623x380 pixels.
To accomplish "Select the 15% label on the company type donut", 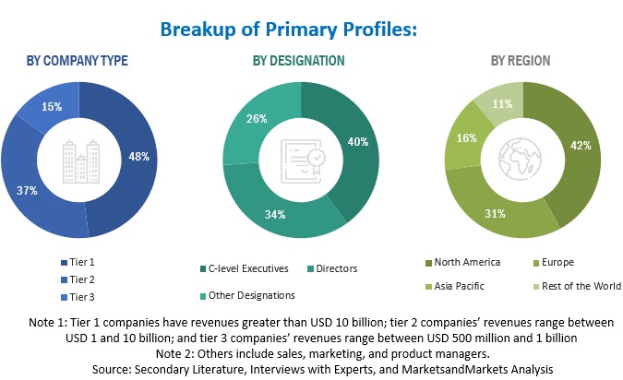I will (52, 107).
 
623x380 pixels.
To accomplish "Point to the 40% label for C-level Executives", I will (357, 142).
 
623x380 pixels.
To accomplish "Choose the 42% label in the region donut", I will (580, 144).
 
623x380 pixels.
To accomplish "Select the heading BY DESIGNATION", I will (299, 61).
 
